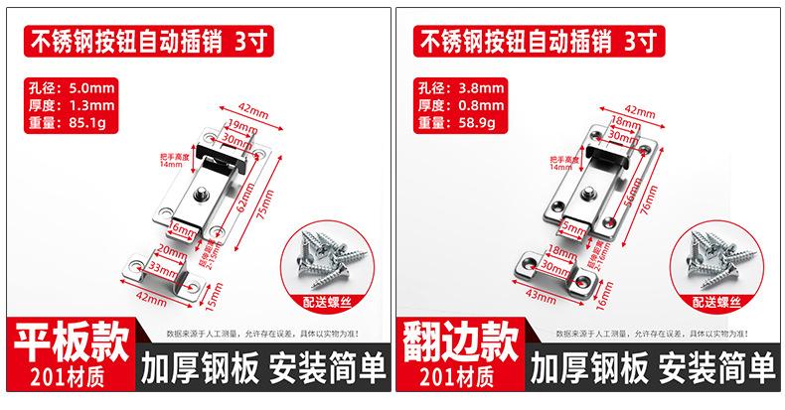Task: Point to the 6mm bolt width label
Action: [x=182, y=229]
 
